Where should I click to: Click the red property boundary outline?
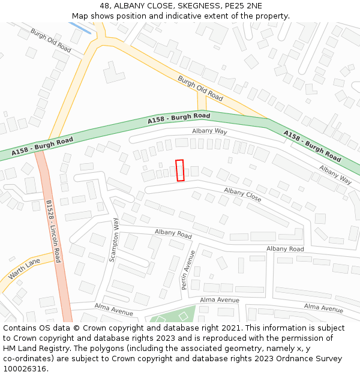(179, 170)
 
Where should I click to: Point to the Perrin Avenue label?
(189, 269)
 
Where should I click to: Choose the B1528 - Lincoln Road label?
(53, 232)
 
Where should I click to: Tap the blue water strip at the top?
(80, 28)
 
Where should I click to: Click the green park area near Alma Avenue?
(175, 316)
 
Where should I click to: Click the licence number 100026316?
(25, 369)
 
